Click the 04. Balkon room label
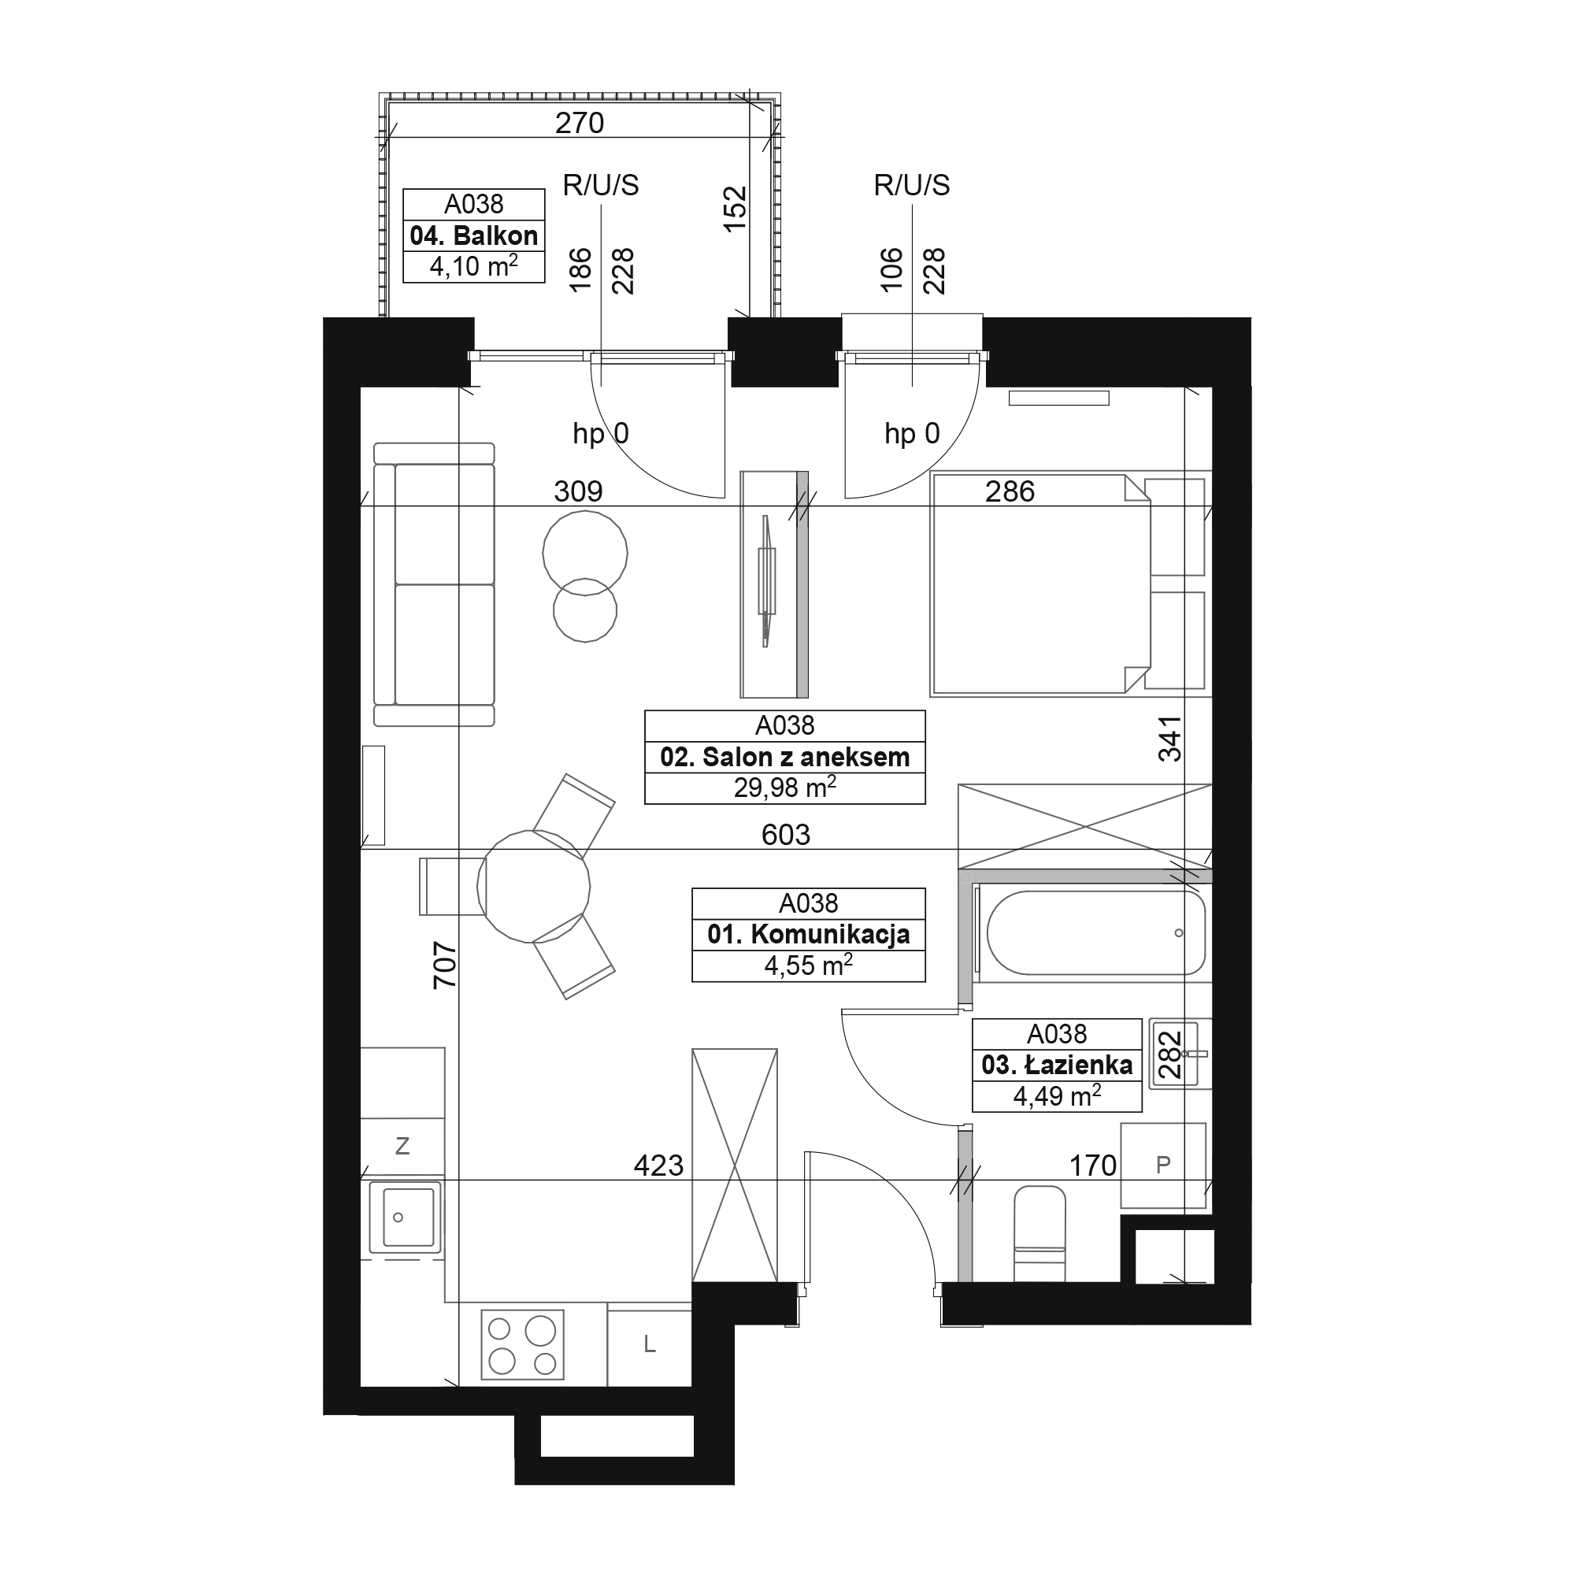pyautogui.click(x=473, y=235)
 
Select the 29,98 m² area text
pyautogui.click(x=784, y=787)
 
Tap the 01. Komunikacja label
pyautogui.click(x=808, y=934)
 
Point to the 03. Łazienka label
pyautogui.click(x=1057, y=1065)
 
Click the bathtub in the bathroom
pyautogui.click(x=1095, y=932)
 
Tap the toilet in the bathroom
pyautogui.click(x=1039, y=1232)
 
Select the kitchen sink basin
pyautogui.click(x=404, y=1217)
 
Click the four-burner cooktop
pyautogui.click(x=522, y=1344)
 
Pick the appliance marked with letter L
pyautogui.click(x=649, y=1347)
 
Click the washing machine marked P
pyautogui.click(x=1162, y=1165)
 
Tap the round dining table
pyautogui.click(x=533, y=887)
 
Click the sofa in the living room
pyautogui.click(x=434, y=584)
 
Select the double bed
pyautogui.click(x=1069, y=584)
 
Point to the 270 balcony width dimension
pyautogui.click(x=579, y=123)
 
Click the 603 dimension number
pyautogui.click(x=785, y=835)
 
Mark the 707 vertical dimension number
pyautogui.click(x=444, y=965)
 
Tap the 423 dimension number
pyautogui.click(x=658, y=1165)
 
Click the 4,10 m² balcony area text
pyautogui.click(x=473, y=265)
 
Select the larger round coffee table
pyautogui.click(x=584, y=554)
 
